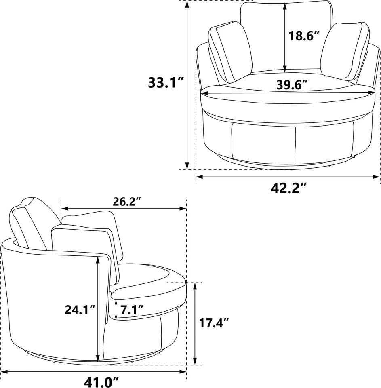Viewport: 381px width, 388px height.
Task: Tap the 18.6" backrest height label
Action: pyautogui.click(x=304, y=36)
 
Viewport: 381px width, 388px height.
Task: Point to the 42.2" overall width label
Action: pyautogui.click(x=288, y=188)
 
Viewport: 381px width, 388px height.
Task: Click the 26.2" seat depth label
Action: pyautogui.click(x=124, y=202)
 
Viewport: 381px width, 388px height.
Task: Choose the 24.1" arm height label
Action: pyautogui.click(x=80, y=310)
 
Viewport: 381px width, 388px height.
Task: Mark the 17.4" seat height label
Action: pyautogui.click(x=214, y=323)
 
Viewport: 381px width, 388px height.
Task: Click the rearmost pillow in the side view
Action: pyautogui.click(x=28, y=222)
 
